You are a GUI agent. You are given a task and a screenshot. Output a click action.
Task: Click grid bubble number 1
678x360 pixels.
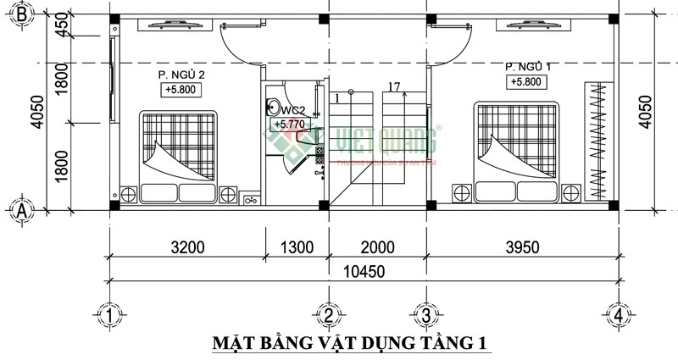point(109,316)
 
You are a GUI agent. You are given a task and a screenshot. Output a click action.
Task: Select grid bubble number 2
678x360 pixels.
point(328,316)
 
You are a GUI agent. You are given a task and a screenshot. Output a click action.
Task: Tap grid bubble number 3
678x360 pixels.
point(424,316)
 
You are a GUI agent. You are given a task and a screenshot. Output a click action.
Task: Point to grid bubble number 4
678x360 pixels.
point(620,316)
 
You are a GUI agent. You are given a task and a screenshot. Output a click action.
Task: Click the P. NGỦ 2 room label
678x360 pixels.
point(182,75)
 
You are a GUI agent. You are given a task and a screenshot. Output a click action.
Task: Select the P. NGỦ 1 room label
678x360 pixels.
point(529,66)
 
